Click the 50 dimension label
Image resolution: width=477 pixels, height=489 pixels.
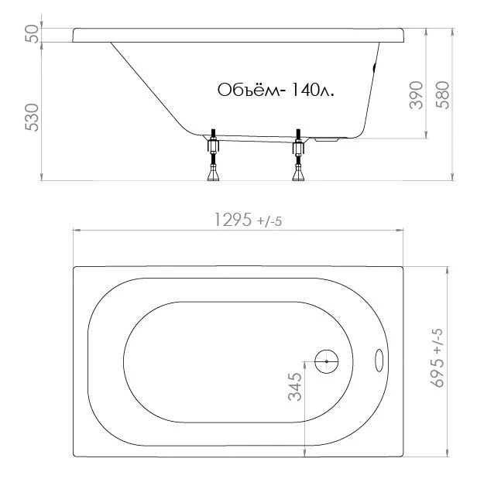click(x=33, y=34)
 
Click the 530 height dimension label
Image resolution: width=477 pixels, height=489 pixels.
click(x=33, y=118)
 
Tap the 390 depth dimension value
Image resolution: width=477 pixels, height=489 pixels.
click(x=416, y=95)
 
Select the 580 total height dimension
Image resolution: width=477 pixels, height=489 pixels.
click(x=443, y=95)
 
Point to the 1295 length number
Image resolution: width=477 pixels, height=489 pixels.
click(x=232, y=220)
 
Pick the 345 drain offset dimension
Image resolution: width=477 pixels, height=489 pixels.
click(x=295, y=387)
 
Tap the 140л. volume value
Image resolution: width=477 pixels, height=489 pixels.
click(x=313, y=91)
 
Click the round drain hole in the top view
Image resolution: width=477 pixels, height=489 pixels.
click(x=327, y=361)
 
